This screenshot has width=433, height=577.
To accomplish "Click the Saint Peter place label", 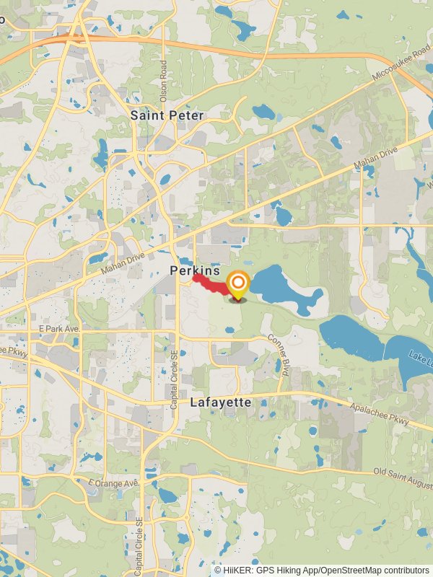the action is point(167,115).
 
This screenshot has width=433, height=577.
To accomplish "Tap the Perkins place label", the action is point(195,270).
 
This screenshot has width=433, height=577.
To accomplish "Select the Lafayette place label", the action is point(221,402).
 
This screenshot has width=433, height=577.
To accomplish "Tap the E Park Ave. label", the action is point(60,328).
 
